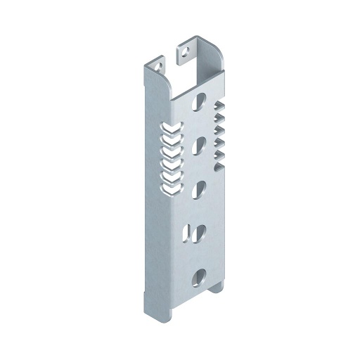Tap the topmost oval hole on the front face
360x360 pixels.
coord(202,101)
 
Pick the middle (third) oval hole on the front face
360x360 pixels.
coord(200,188)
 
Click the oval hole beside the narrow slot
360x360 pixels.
coord(199,231)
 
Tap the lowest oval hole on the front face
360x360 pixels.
coord(199,276)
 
